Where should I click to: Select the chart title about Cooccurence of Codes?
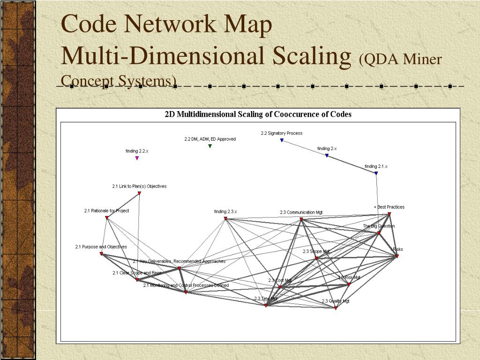click(x=258, y=114)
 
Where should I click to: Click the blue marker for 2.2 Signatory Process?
click(x=282, y=140)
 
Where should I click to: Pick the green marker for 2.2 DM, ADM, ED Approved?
click(x=210, y=146)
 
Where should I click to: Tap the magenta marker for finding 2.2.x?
click(x=137, y=158)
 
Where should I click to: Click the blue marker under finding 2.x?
click(x=327, y=155)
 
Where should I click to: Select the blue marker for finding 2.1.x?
click(x=376, y=173)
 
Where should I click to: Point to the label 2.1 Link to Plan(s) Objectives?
click(x=139, y=187)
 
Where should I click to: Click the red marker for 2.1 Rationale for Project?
click(x=107, y=217)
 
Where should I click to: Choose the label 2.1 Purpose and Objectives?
click(x=101, y=247)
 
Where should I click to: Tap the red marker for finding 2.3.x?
click(x=225, y=218)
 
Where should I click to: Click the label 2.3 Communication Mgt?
click(x=301, y=213)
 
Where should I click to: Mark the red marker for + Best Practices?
click(x=389, y=214)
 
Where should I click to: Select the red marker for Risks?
click(x=397, y=256)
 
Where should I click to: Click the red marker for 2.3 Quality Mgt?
click(x=336, y=308)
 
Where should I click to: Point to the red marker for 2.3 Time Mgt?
click(x=266, y=305)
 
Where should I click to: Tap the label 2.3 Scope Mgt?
click(x=316, y=252)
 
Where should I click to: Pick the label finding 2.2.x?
click(x=137, y=151)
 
